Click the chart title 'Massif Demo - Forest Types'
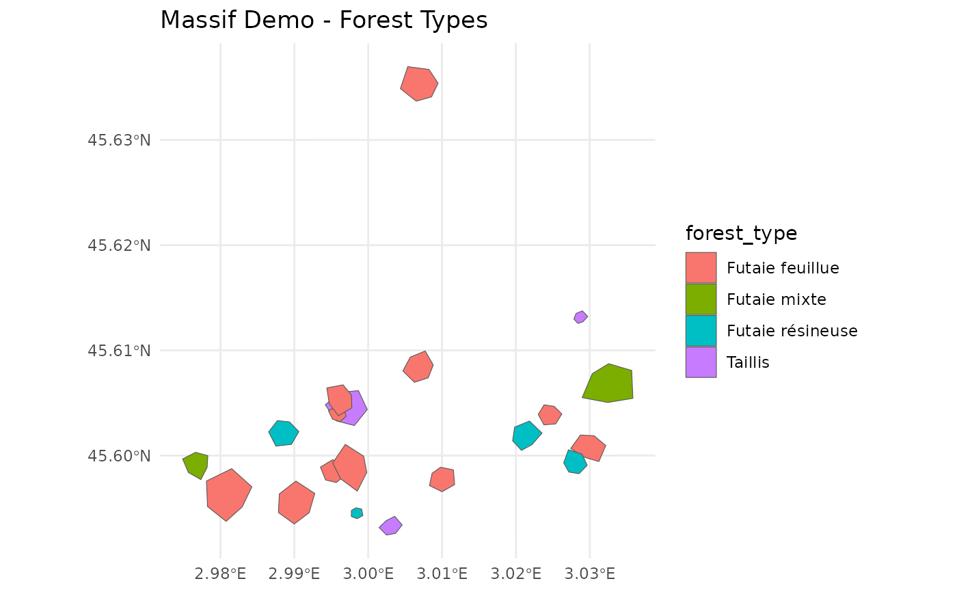point(323,21)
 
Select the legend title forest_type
point(741,234)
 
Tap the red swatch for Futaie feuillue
point(701,267)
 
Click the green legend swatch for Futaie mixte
point(701,299)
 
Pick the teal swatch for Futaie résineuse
point(701,330)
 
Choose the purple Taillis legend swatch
point(701,362)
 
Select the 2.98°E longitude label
point(220,573)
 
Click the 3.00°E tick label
point(368,573)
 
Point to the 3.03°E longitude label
point(590,573)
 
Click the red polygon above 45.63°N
point(418,83)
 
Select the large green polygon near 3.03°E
point(610,384)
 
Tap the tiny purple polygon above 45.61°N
point(580,317)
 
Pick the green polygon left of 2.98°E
point(196,464)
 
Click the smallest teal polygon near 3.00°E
point(357,513)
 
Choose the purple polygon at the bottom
point(390,526)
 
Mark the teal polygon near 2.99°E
point(283,433)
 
